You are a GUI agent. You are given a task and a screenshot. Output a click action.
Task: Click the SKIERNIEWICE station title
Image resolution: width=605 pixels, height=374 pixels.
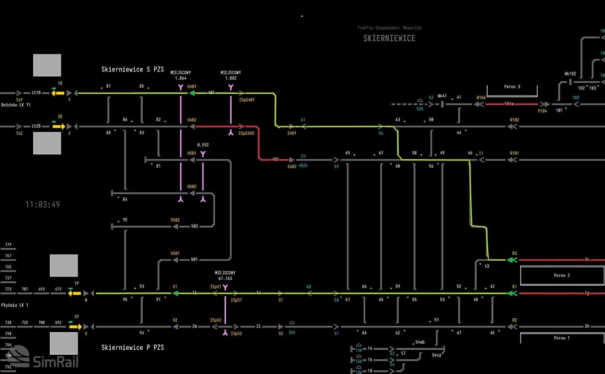point(389,38)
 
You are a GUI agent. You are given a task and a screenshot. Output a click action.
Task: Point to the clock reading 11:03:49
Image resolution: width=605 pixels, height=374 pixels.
point(42,205)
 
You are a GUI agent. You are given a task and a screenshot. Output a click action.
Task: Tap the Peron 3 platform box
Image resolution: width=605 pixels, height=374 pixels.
point(512,87)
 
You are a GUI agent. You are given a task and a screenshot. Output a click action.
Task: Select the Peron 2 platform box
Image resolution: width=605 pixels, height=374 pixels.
point(561,275)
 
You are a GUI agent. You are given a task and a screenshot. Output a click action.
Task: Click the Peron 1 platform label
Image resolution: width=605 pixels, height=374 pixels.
point(561,338)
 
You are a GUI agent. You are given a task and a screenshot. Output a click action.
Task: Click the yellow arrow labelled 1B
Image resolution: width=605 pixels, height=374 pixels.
point(58,94)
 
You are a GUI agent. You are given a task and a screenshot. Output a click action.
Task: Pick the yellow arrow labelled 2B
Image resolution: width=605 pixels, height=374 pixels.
point(58,127)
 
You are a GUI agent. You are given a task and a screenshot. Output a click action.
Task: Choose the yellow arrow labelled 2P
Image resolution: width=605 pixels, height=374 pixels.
point(75,327)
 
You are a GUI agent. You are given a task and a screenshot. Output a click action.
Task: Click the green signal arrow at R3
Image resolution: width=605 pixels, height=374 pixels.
point(512,260)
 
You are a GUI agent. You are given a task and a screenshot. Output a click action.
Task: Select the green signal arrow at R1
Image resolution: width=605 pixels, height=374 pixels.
point(512,294)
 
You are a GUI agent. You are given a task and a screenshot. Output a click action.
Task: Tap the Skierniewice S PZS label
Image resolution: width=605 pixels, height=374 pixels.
point(133,70)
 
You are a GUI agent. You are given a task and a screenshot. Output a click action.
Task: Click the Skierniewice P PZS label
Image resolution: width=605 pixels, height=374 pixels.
point(132,347)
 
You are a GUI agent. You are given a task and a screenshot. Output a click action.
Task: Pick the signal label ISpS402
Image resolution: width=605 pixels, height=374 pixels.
point(247,133)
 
